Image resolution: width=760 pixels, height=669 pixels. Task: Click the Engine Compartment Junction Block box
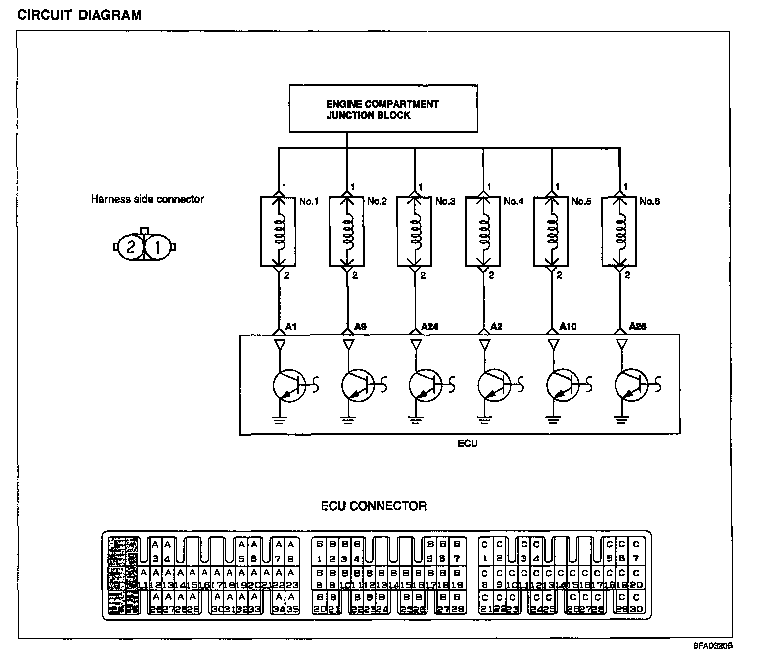pyautogui.click(x=383, y=108)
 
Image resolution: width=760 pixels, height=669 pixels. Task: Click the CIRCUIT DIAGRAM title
pyautogui.click(x=79, y=15)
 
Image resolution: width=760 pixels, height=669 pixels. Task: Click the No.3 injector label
pyautogui.click(x=445, y=201)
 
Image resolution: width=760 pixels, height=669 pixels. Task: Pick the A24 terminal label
pyautogui.click(x=429, y=326)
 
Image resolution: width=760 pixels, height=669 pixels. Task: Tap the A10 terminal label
pyautogui.click(x=568, y=326)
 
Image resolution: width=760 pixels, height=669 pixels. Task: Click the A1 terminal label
pyautogui.click(x=291, y=326)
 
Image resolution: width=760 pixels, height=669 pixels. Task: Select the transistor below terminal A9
pyautogui.click(x=358, y=384)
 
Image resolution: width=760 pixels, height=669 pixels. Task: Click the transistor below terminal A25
pyautogui.click(x=631, y=384)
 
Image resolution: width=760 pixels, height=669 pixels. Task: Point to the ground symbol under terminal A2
pyautogui.click(x=484, y=420)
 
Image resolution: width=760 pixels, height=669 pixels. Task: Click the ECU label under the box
pyautogui.click(x=467, y=444)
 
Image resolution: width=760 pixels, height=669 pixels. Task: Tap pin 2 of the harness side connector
pyautogui.click(x=130, y=246)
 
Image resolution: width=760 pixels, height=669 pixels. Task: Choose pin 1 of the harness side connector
pyautogui.click(x=158, y=246)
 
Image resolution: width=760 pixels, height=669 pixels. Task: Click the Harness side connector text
pyautogui.click(x=147, y=199)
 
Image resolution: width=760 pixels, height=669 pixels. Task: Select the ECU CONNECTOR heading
pyautogui.click(x=374, y=506)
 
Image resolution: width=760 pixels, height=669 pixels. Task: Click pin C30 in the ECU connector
pyautogui.click(x=636, y=603)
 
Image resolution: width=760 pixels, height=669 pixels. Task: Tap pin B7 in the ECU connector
pyautogui.click(x=457, y=552)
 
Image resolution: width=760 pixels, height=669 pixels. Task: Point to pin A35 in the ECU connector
pyautogui.click(x=292, y=603)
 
